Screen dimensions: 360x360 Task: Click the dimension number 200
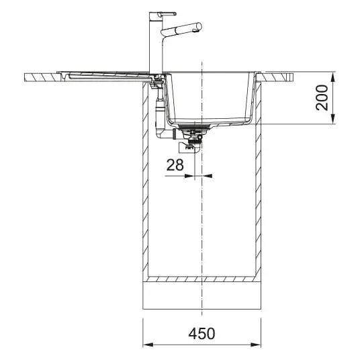coord(322,97)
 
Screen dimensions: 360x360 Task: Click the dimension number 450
coord(201,334)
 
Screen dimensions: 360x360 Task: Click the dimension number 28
coord(175,165)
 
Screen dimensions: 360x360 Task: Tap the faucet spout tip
coord(199,27)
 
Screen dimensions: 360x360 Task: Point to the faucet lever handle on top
coord(169,14)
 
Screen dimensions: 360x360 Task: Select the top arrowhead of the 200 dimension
coord(333,77)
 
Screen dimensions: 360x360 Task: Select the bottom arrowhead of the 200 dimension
coord(333,118)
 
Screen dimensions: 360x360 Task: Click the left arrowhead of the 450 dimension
coord(148,345)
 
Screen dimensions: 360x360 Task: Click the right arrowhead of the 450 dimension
coord(255,345)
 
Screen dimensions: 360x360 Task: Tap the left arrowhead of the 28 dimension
coord(189,176)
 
